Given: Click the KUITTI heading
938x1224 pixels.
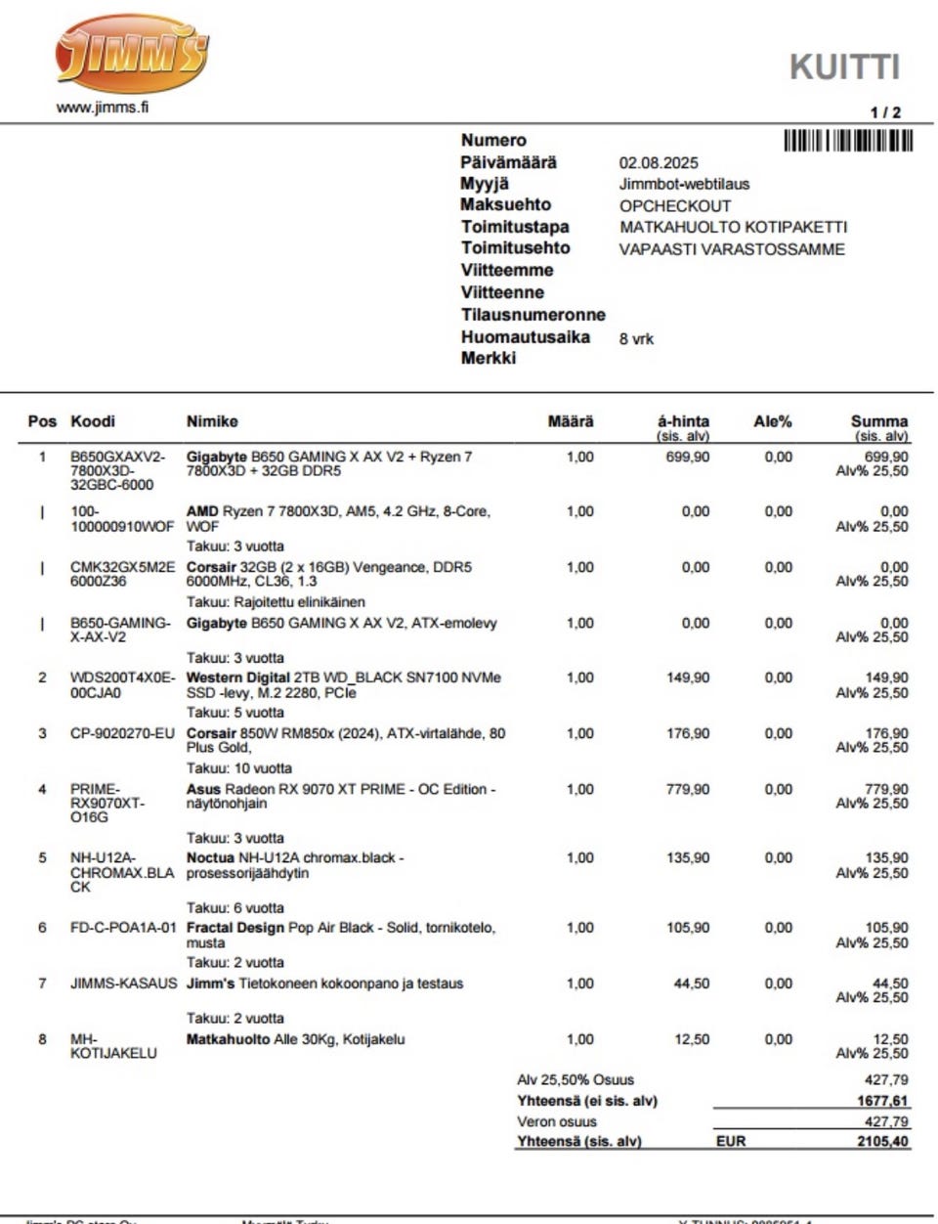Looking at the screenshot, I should (x=844, y=66).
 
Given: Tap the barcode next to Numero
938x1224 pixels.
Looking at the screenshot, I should (x=848, y=141).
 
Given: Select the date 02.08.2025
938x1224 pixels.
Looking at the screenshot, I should (x=659, y=163).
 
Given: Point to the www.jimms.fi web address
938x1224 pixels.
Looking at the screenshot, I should (x=103, y=108).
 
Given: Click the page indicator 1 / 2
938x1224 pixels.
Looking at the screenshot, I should (x=885, y=112).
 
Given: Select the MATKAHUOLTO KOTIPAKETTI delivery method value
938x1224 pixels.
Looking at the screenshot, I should (x=733, y=227).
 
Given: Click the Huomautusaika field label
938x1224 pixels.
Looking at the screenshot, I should (x=526, y=337).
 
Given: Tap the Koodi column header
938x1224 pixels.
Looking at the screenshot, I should (x=93, y=421).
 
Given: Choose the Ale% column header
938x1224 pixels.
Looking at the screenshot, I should (x=773, y=421).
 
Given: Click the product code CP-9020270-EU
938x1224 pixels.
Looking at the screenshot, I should (x=122, y=733).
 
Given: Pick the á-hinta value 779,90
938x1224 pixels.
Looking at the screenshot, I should (x=688, y=789).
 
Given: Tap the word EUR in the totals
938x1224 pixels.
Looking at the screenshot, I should (x=731, y=1141).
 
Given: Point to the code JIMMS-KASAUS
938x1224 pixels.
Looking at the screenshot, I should (x=124, y=984).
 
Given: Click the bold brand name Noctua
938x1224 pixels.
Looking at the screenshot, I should (x=210, y=857).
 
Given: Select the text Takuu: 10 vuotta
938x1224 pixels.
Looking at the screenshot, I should (x=239, y=768).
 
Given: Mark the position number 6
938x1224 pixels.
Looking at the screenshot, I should (x=42, y=928).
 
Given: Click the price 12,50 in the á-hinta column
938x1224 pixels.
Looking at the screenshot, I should (x=692, y=1039).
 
